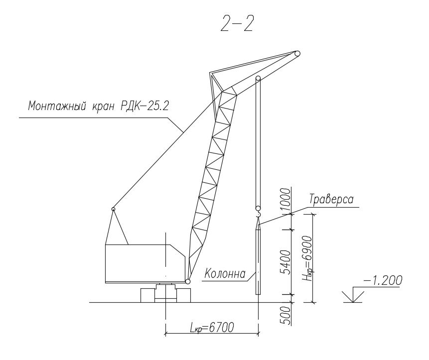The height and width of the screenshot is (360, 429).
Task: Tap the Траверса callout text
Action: point(331,199)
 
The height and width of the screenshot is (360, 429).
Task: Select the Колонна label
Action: point(225,273)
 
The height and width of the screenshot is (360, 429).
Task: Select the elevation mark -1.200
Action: point(383,281)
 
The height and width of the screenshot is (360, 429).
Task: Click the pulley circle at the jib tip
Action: point(297,54)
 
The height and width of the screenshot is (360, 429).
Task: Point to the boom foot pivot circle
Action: point(188,282)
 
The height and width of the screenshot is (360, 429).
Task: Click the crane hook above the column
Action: point(258,215)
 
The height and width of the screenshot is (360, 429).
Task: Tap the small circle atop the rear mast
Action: point(114,209)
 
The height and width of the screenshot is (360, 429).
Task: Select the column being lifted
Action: point(258,261)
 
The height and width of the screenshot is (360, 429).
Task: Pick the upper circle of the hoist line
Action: point(258,78)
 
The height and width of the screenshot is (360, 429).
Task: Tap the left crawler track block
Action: point(148,295)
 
